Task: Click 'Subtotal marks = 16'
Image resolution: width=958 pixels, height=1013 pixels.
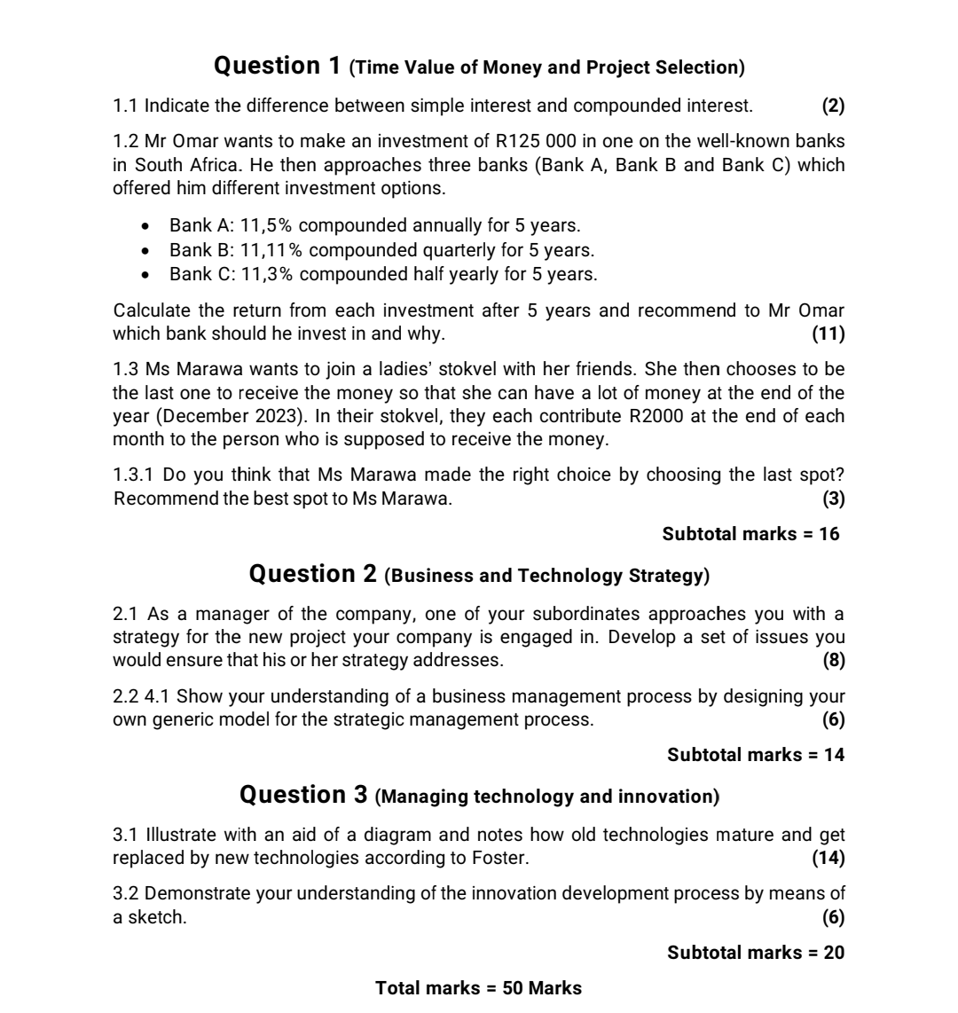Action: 750,534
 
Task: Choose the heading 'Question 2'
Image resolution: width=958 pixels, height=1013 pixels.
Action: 313,575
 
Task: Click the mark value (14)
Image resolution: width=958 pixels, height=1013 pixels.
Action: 828,858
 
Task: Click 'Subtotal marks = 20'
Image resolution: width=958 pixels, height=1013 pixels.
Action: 756,953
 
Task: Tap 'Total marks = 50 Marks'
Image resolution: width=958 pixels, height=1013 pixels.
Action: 479,987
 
